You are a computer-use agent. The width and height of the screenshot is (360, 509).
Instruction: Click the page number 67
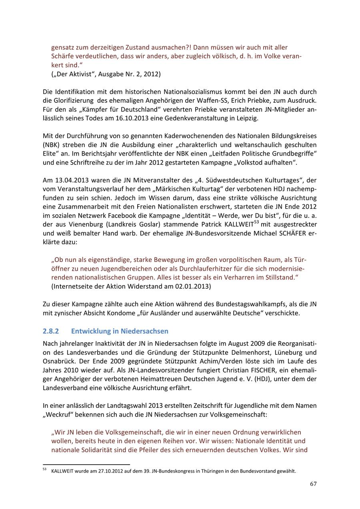[x=313, y=484]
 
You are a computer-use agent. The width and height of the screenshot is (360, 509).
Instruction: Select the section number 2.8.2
[x=51, y=331]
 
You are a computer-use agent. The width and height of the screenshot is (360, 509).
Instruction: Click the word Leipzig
[x=246, y=118]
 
